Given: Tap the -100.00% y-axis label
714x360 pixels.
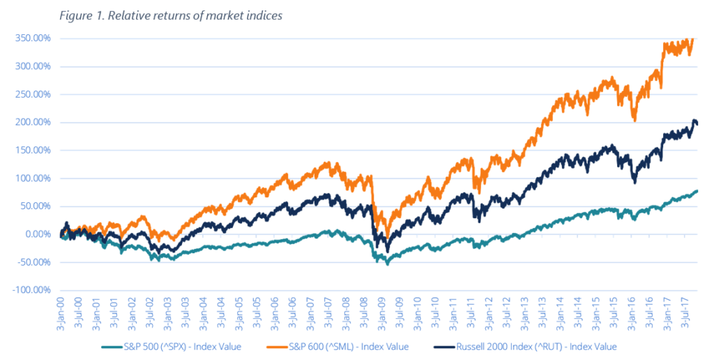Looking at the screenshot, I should pos(30,290).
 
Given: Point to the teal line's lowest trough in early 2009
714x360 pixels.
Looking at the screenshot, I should pos(388,264).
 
